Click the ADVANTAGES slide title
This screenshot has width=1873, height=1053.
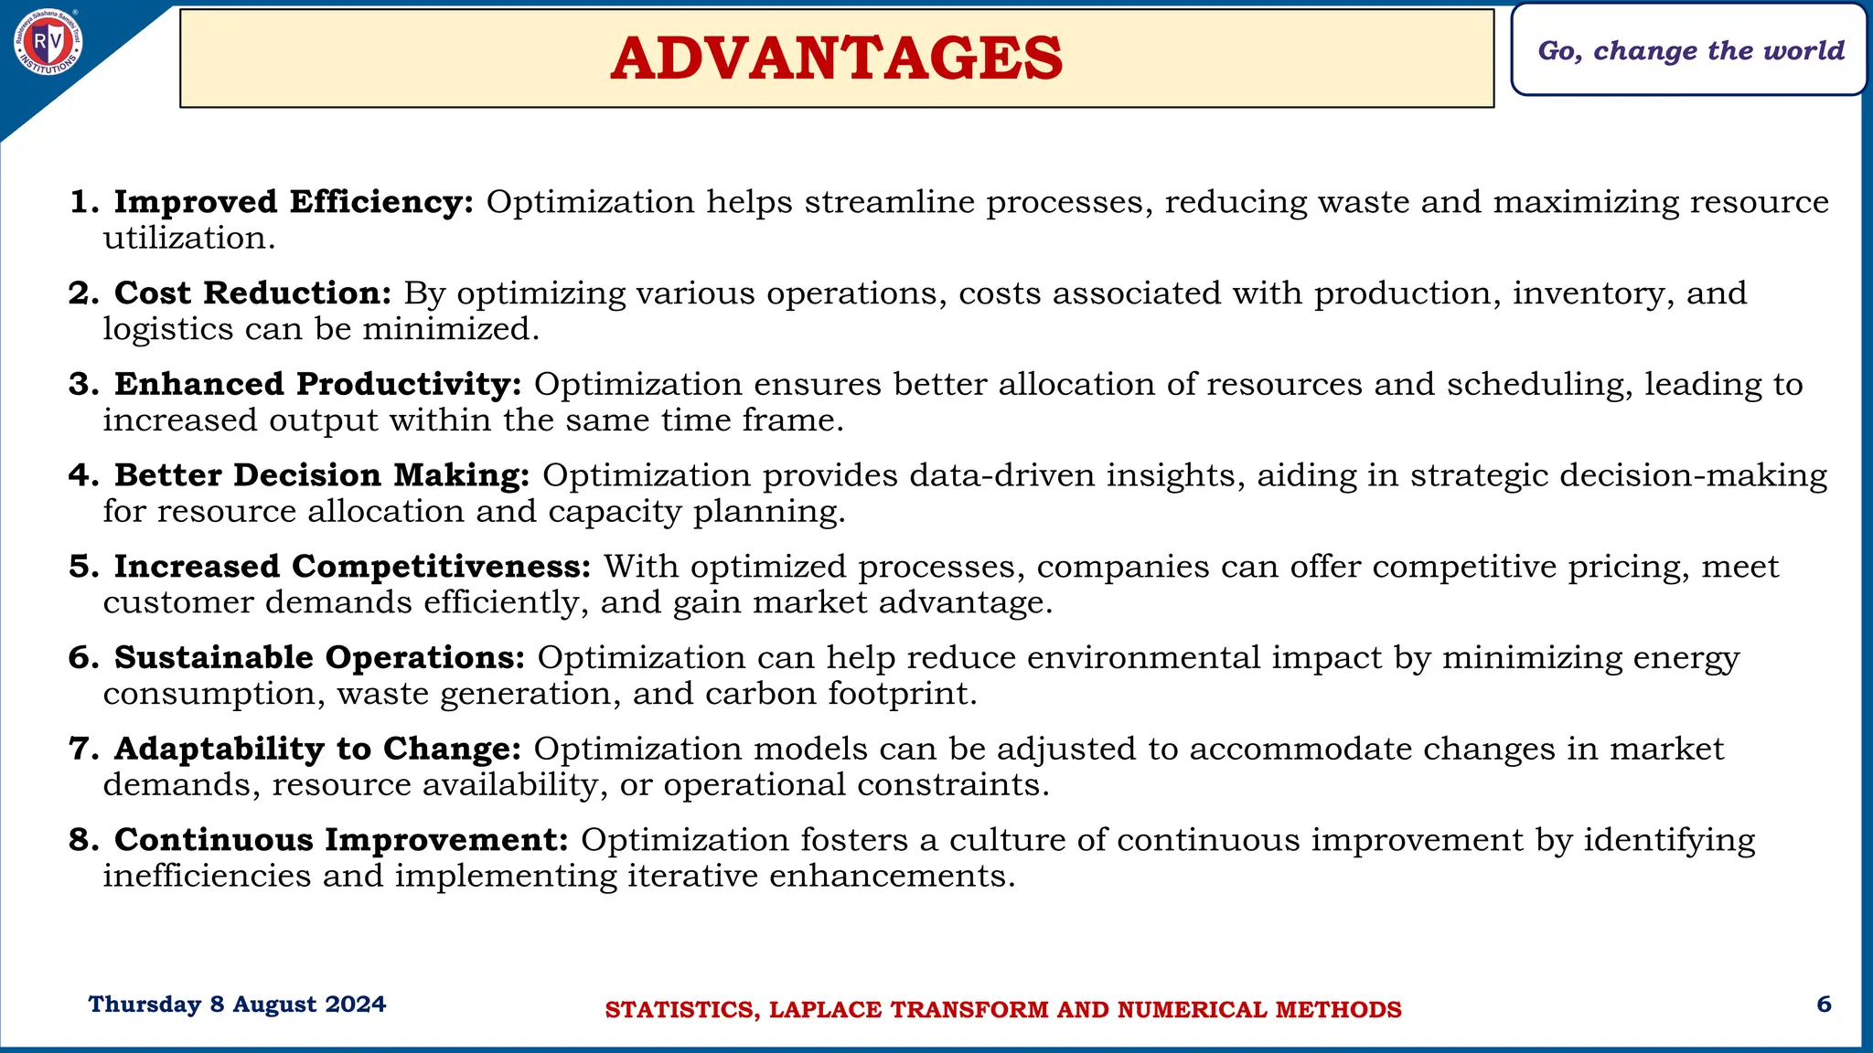click(836, 58)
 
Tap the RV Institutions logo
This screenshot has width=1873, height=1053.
click(48, 41)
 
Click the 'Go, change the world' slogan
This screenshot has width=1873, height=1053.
click(1690, 50)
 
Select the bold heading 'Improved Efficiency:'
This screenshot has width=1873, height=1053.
click(294, 202)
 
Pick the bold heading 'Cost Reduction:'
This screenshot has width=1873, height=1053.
click(252, 293)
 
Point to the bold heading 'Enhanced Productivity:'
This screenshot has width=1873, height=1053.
click(317, 384)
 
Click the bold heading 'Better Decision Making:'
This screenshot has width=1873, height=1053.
click(322, 475)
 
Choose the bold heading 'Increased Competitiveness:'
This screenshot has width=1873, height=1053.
click(353, 567)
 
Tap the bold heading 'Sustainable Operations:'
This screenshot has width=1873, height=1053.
click(319, 657)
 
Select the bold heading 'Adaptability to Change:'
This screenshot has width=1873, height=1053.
click(317, 749)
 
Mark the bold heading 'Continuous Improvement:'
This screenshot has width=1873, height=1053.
click(341, 840)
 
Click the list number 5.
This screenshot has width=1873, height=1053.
click(82, 567)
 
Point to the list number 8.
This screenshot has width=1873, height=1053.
click(82, 840)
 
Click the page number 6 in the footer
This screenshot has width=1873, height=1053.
click(1824, 1005)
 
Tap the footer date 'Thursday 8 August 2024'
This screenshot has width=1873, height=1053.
click(237, 1005)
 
